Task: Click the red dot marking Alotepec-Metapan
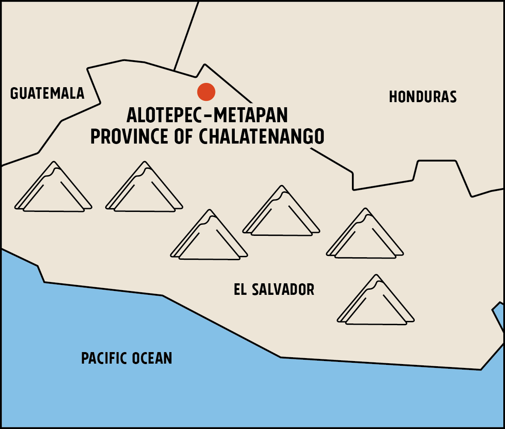click(206, 92)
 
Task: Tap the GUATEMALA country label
click(47, 94)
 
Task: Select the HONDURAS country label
click(422, 97)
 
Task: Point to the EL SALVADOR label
click(274, 290)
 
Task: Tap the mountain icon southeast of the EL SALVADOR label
click(376, 301)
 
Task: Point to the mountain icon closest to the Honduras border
click(365, 235)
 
